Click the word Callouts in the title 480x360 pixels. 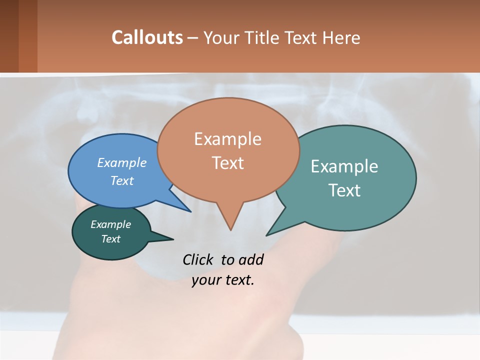coord(147,37)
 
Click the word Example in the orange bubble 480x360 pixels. coord(227,139)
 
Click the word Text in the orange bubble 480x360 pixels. coord(227,163)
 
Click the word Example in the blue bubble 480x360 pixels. coord(122,162)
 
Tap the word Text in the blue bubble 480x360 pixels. coord(122,180)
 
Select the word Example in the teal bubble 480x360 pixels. coord(344,166)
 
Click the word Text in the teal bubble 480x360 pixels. coord(344,190)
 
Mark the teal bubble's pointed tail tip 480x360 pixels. coord(267,234)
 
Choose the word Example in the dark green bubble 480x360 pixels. coord(111,224)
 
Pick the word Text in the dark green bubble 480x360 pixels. coord(111,239)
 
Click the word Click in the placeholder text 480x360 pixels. coord(198,259)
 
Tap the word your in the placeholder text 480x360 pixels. coord(205,280)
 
